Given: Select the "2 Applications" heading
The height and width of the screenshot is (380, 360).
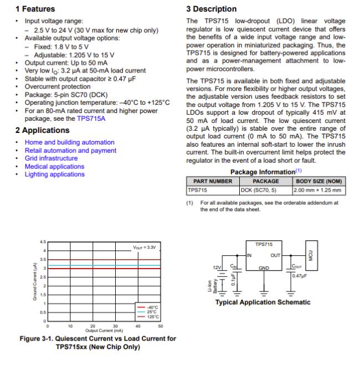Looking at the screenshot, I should pos(42,130).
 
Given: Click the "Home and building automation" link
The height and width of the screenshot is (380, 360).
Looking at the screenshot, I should pos(69,142).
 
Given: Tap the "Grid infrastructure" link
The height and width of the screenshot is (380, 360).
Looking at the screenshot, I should pos(51,158).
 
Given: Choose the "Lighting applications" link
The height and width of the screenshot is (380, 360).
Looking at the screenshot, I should pos(54,174).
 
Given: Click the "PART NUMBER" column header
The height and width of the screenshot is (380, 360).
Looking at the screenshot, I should pos(213,181).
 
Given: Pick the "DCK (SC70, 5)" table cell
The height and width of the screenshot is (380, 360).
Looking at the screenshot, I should pos(258,189).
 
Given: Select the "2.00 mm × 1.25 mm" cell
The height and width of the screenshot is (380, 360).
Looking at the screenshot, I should pos(318,189).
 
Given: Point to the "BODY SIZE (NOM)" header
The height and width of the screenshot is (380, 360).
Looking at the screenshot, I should pos(319,181).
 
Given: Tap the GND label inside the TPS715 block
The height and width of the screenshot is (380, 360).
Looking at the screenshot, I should pos(264,268).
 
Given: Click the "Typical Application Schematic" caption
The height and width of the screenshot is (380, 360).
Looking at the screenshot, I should pos(263,302).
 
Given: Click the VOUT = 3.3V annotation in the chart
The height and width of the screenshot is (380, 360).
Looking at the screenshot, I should pos(145,247).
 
